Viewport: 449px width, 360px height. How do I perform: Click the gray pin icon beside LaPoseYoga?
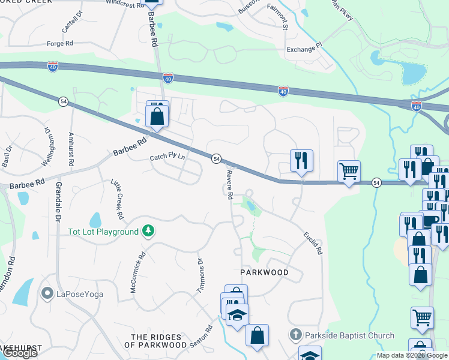[x=47, y=293]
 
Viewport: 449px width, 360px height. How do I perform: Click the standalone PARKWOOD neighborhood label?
[x=265, y=272]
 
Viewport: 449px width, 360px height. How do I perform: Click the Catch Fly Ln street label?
[x=167, y=158]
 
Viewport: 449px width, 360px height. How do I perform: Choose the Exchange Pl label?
[x=304, y=49]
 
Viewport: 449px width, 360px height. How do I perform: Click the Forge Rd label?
[x=60, y=44]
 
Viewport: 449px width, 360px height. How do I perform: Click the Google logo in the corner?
[x=20, y=353]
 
